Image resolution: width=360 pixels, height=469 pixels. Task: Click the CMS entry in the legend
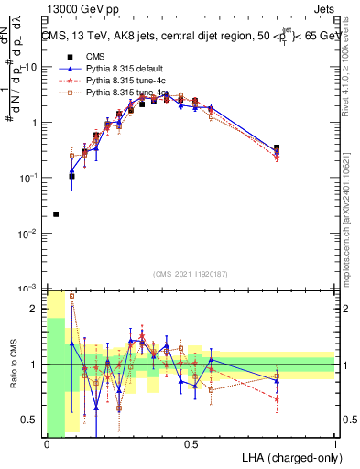tap(108, 56)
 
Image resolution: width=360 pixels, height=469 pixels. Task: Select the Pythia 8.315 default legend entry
tap(137, 68)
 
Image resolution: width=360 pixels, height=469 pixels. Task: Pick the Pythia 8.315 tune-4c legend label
tap(137, 80)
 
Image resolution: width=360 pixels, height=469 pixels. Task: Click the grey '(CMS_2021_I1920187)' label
tap(190, 273)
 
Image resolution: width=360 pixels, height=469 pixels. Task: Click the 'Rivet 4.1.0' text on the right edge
tap(352, 82)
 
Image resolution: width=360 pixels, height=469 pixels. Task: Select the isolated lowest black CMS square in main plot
tap(56, 214)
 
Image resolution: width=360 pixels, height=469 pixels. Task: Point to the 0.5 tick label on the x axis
tap(191, 443)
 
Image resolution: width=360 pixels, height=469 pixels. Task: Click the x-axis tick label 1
tap(335, 443)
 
